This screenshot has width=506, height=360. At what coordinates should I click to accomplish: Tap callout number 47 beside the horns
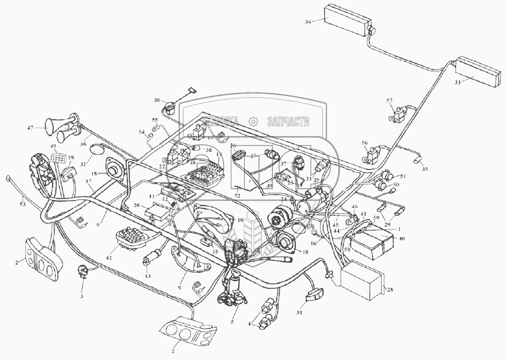tap(30, 127)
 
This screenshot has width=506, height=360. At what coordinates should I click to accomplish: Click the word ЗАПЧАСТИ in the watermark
tap(288, 122)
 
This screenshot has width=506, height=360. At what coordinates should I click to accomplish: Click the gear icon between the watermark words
tap(253, 121)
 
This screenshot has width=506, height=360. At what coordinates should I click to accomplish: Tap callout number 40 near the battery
tap(401, 238)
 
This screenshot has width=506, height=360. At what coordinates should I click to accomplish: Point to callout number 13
tap(148, 276)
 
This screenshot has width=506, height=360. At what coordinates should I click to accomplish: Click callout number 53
tap(22, 204)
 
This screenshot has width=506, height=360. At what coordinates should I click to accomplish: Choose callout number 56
tap(365, 143)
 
